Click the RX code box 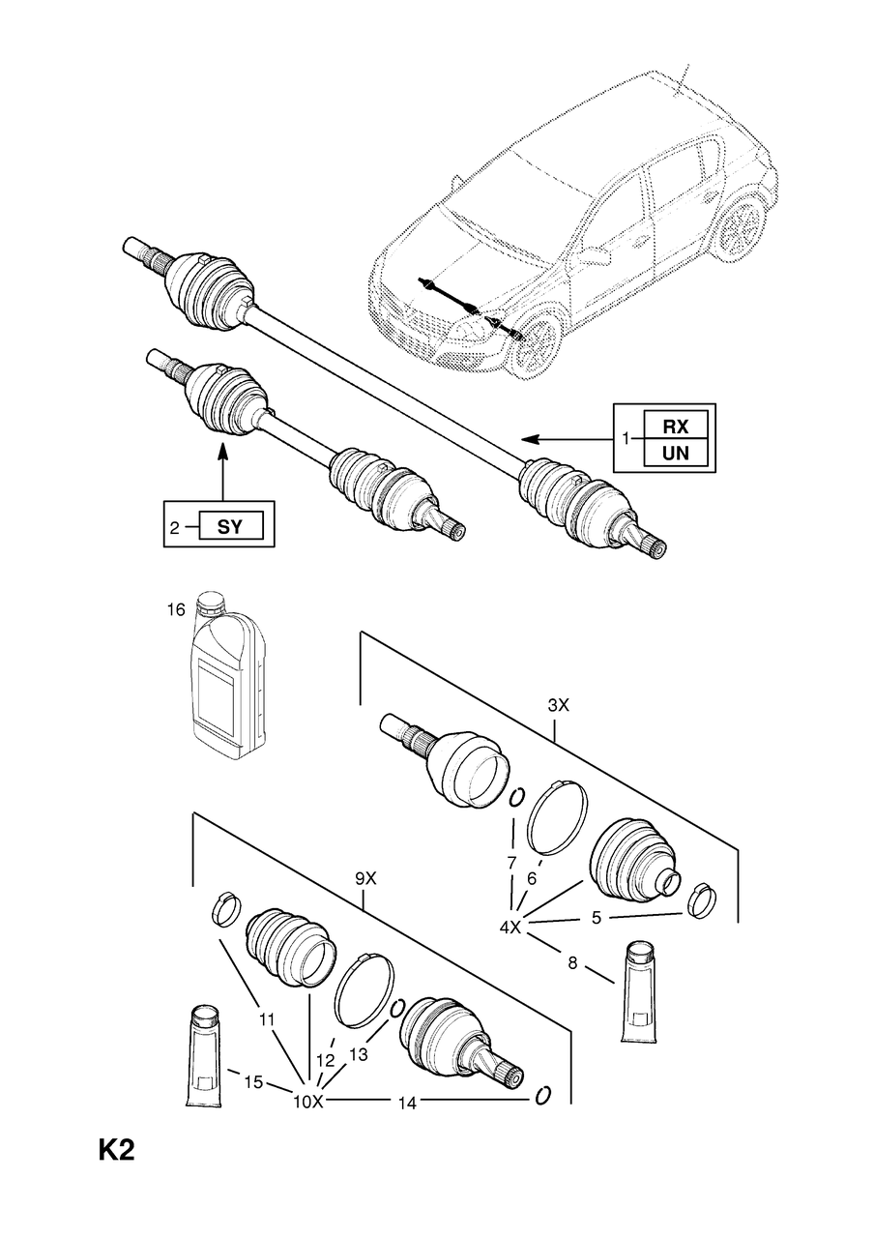(x=675, y=426)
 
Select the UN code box (x=675, y=454)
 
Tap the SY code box (x=230, y=527)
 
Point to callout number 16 (x=176, y=610)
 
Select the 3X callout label (x=558, y=706)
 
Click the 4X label (x=510, y=928)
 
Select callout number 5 (x=597, y=918)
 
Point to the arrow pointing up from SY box (x=222, y=471)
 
